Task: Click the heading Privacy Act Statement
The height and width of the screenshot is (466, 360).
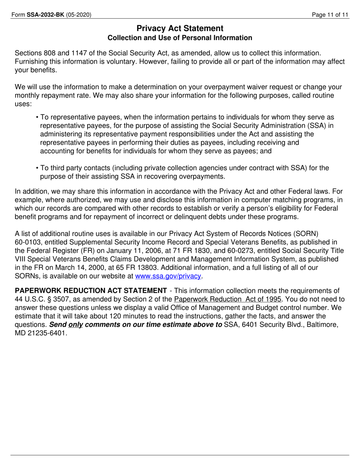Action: (180, 28)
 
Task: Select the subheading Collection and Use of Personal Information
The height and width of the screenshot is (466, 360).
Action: (180, 38)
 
